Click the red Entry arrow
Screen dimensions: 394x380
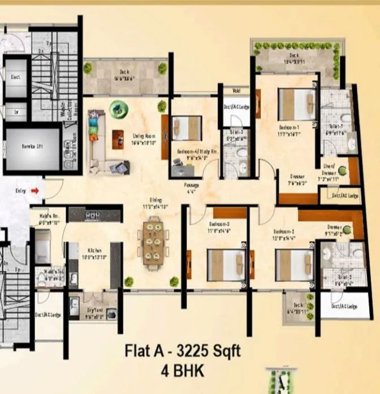tap(35, 191)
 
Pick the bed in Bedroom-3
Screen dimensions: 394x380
tap(225, 264)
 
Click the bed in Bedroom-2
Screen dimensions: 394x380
tap(294, 264)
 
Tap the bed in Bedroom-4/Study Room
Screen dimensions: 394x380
tap(187, 127)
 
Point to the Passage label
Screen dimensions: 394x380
tap(192, 185)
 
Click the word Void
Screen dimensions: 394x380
tap(235, 90)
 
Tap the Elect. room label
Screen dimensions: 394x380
tap(15, 76)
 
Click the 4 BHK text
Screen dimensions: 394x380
tap(183, 371)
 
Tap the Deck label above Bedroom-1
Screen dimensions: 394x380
tap(294, 55)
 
